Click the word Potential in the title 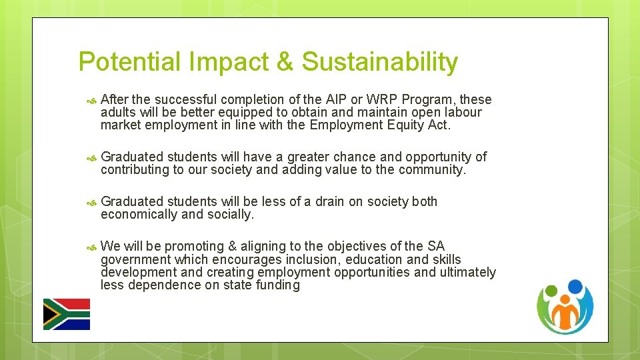coord(129,62)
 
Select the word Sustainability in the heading coord(380,62)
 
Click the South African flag coord(67,314)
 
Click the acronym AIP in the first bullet coord(335,100)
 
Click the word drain coord(337,202)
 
